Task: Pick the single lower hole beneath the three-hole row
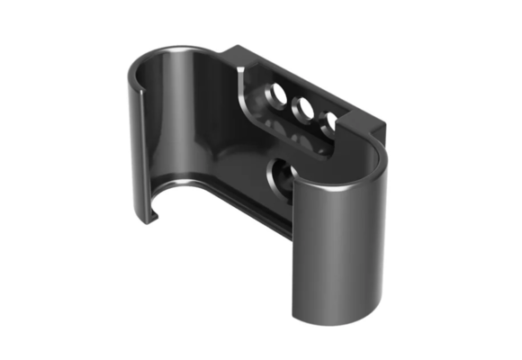point(280,172)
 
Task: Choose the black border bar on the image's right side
point(492,180)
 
